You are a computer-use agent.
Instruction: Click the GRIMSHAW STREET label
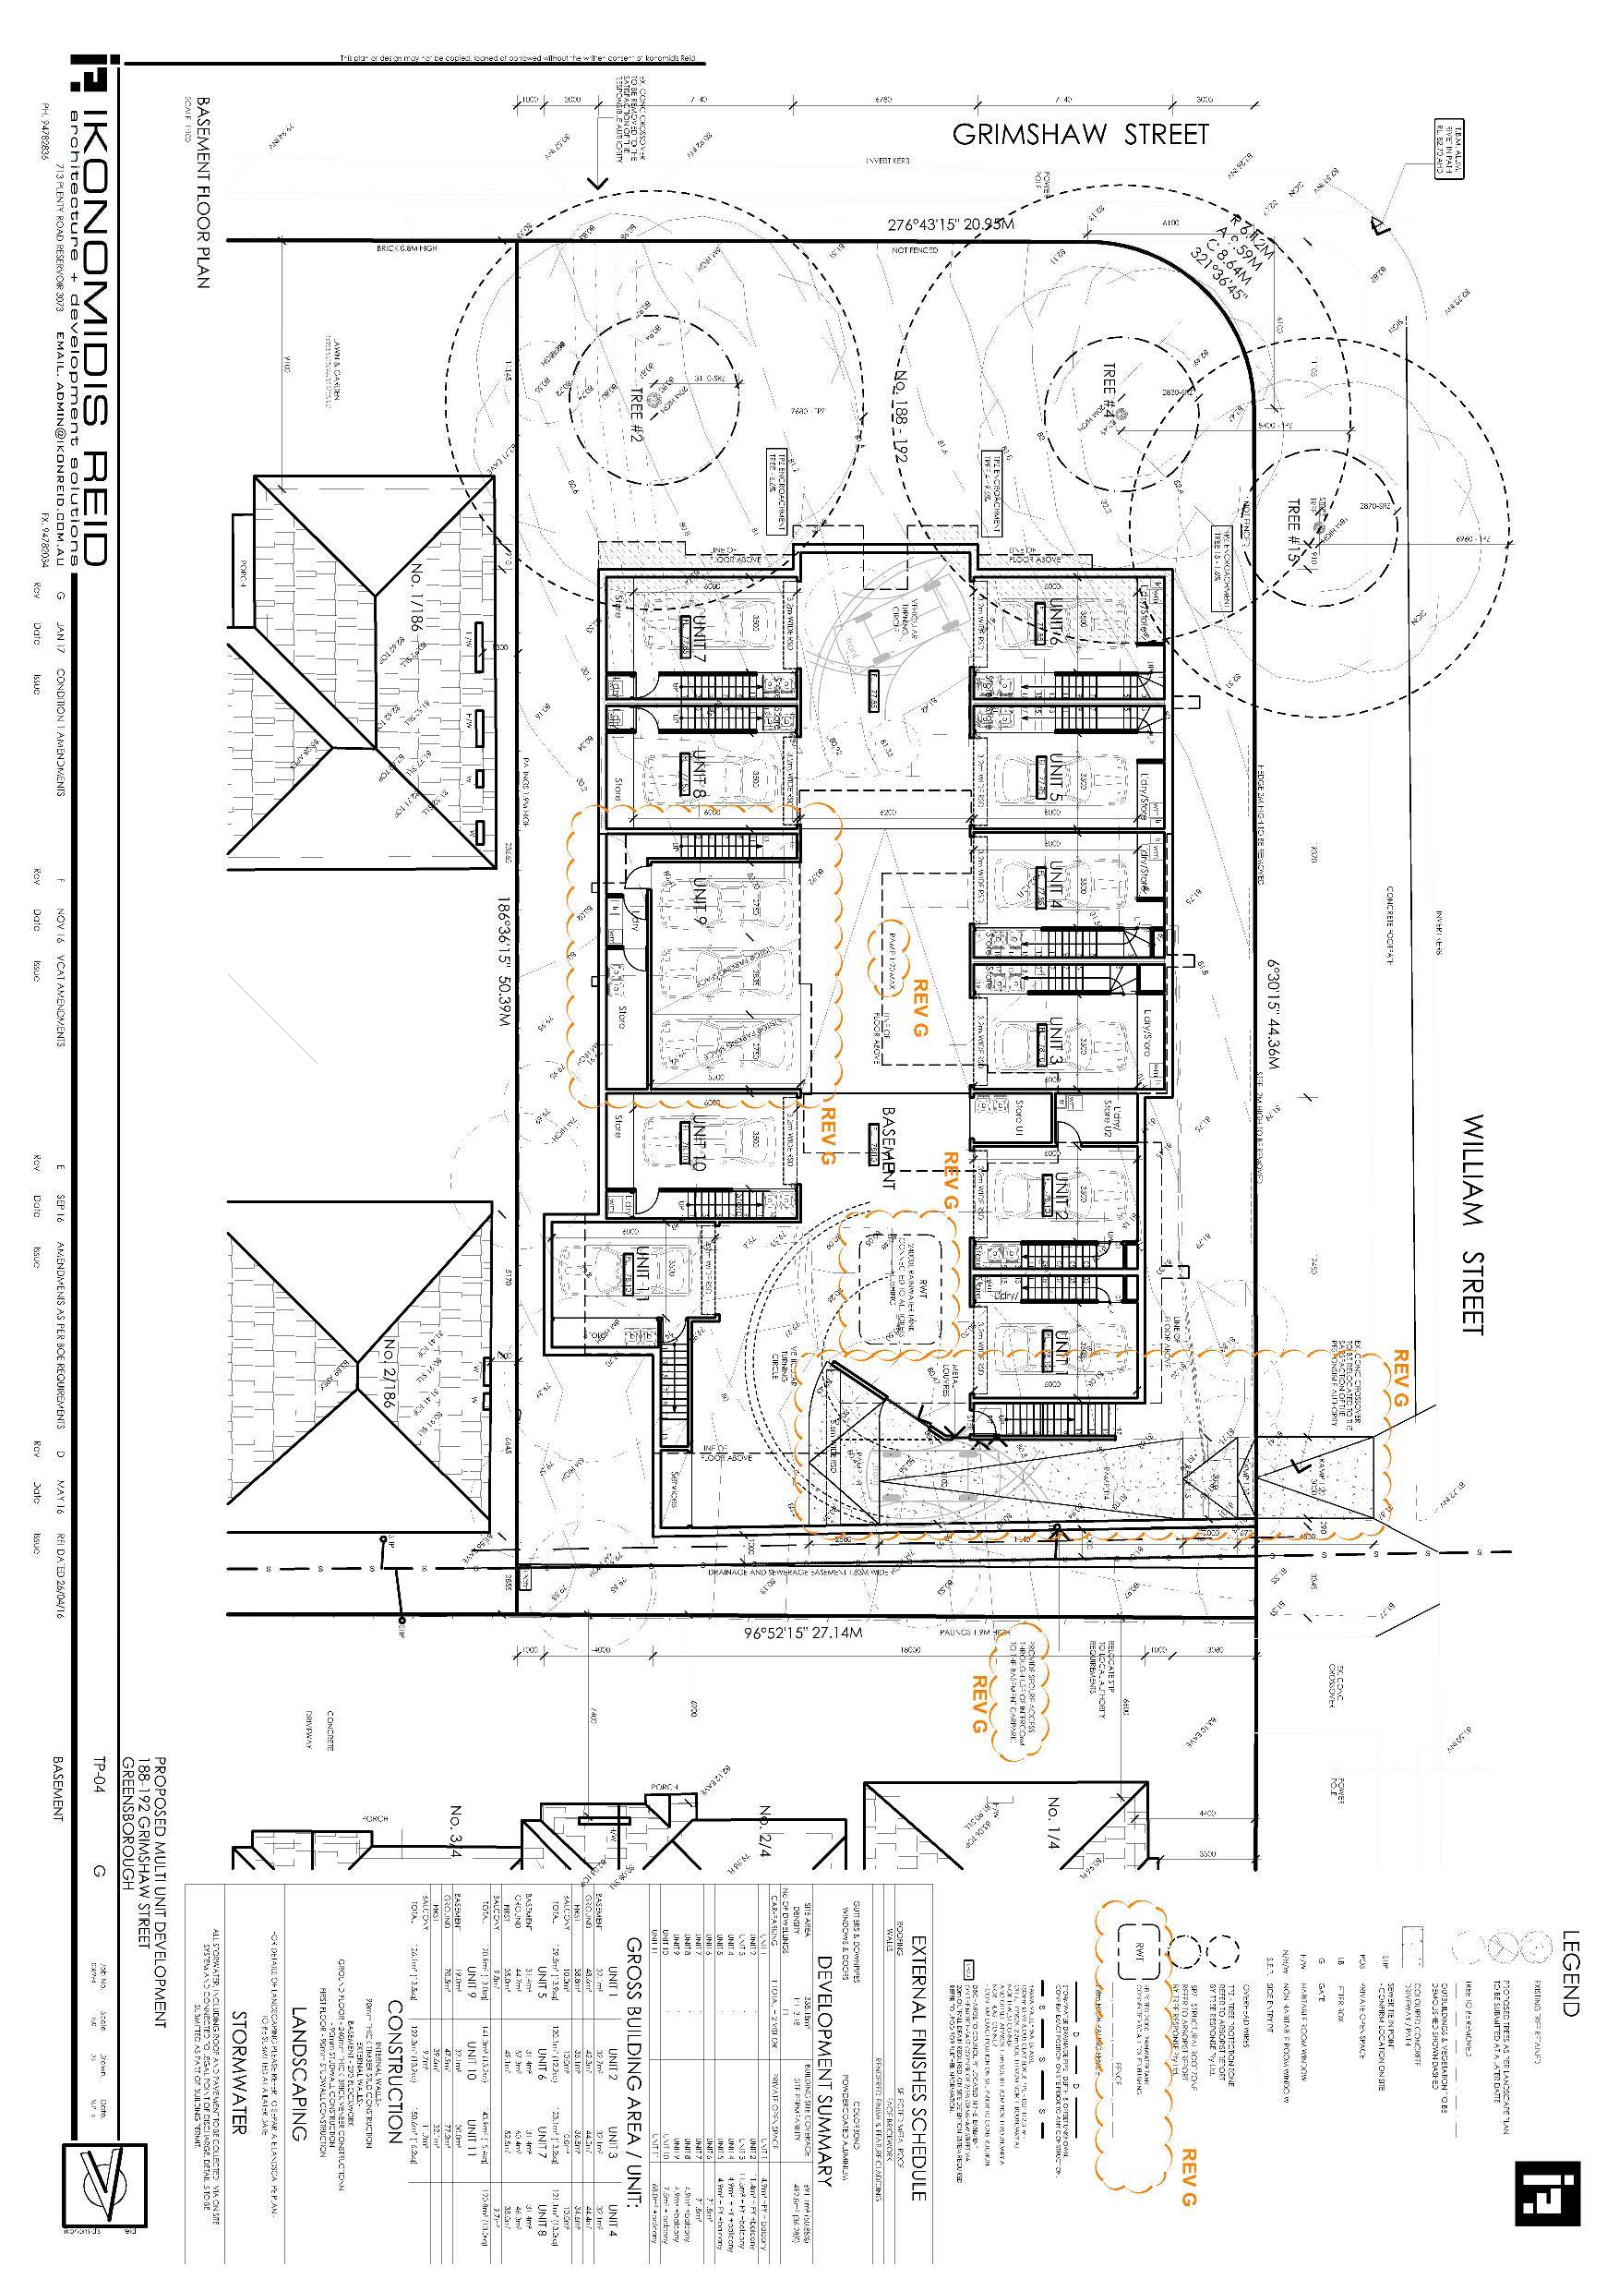coord(1079,135)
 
